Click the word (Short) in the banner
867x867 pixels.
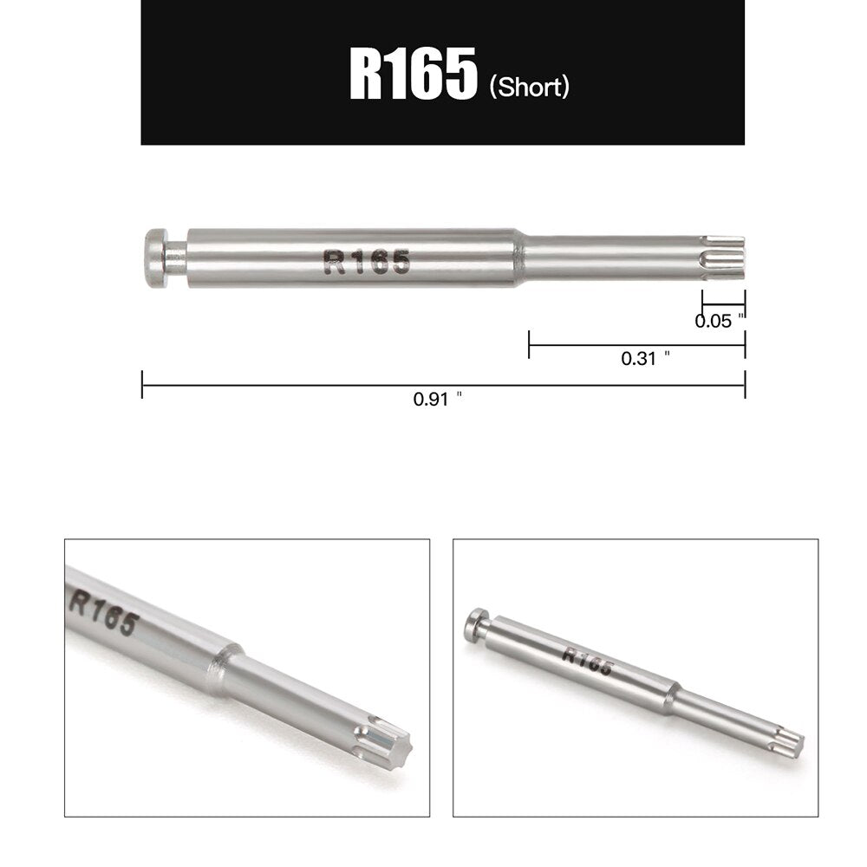click(529, 87)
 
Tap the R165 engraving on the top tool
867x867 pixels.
click(365, 261)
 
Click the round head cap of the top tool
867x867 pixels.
click(154, 257)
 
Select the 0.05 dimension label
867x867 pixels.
click(719, 321)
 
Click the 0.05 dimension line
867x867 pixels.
click(723, 305)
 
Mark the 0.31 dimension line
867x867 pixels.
click(636, 344)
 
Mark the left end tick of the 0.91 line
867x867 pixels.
click(142, 385)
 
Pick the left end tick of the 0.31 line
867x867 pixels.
click(529, 344)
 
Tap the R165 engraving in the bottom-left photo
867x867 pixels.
click(103, 611)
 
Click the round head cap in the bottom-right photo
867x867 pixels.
click(475, 624)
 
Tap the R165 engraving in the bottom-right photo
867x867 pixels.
click(586, 661)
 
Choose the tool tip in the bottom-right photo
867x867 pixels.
click(788, 742)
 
